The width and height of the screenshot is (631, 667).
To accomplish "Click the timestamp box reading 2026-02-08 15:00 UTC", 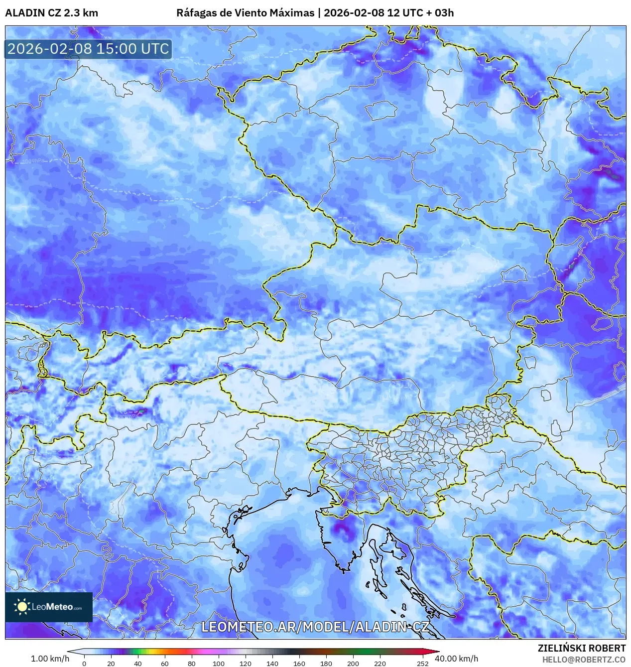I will [88, 49].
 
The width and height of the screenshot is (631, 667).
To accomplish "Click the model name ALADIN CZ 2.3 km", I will [51, 13].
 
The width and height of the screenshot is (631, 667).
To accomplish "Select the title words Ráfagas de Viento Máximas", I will [245, 13].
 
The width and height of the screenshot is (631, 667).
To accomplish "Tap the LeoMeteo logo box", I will [49, 607].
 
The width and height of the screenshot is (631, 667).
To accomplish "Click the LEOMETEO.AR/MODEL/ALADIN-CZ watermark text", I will [315, 627].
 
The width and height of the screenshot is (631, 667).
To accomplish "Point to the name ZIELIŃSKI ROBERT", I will [581, 648].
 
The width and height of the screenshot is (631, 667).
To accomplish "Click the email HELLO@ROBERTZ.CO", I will [584, 660].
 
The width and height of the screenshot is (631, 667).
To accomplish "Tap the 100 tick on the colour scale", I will [218, 663].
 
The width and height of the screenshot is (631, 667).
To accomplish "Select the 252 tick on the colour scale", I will [422, 663].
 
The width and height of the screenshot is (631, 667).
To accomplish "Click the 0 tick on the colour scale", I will [84, 663].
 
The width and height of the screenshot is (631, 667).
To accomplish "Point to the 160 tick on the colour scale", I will [299, 663].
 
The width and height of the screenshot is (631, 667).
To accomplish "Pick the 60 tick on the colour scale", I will [164, 663].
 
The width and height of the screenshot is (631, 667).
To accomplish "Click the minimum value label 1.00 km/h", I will [50, 659].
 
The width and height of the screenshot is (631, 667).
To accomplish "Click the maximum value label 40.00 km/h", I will [456, 659].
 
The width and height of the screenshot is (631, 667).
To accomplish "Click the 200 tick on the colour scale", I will [353, 663].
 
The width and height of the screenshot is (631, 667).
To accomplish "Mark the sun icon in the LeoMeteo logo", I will [22, 607].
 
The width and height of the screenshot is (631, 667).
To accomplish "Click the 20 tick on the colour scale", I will [111, 663].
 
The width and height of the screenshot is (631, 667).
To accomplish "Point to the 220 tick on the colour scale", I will [379, 663].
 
